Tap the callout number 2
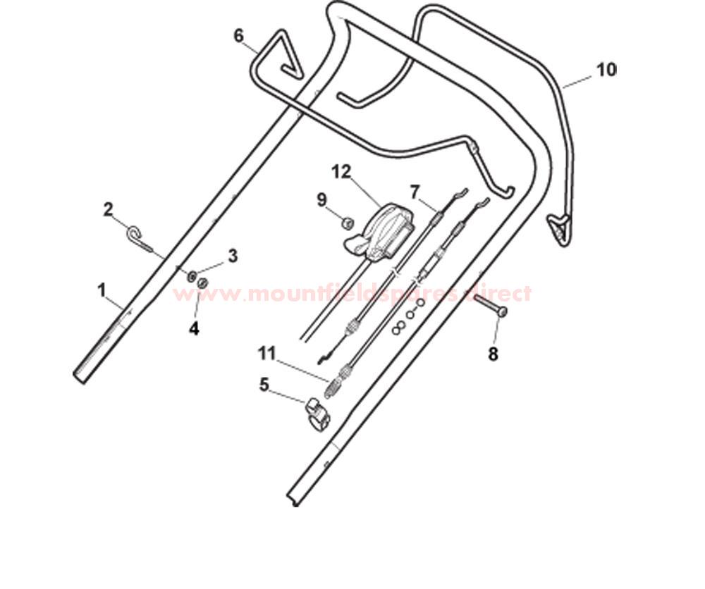(x=109, y=209)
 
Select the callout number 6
(x=239, y=35)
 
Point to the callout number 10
(x=606, y=70)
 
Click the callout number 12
(x=341, y=172)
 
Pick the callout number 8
(x=493, y=354)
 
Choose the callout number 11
(x=266, y=353)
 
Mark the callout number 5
(x=264, y=385)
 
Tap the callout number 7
(x=415, y=192)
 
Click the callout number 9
(x=322, y=200)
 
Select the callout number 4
(x=194, y=329)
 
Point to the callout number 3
(x=233, y=256)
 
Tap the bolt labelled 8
(x=490, y=306)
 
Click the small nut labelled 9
(x=347, y=223)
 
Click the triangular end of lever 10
(x=559, y=228)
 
